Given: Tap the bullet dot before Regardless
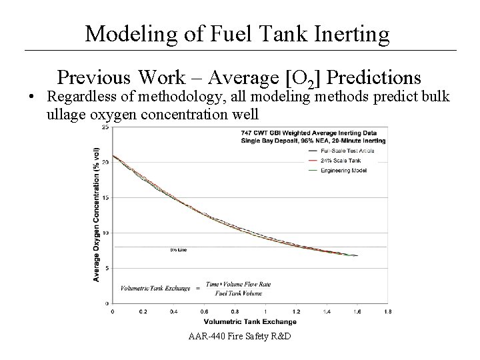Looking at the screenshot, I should coord(32,97).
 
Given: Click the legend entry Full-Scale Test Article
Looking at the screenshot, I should coord(349,151).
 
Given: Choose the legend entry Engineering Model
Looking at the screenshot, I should coord(345,169).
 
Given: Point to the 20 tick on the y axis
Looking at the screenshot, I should coord(106,163).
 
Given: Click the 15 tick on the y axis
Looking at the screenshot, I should coord(106,198).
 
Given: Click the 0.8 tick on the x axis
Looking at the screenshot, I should coord(235,311).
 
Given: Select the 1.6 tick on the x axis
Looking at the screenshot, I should coord(357,311).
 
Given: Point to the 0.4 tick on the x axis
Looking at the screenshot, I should coord(173,311).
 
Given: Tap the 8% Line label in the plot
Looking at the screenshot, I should coord(178,251).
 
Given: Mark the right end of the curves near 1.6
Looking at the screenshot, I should coord(357,255).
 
